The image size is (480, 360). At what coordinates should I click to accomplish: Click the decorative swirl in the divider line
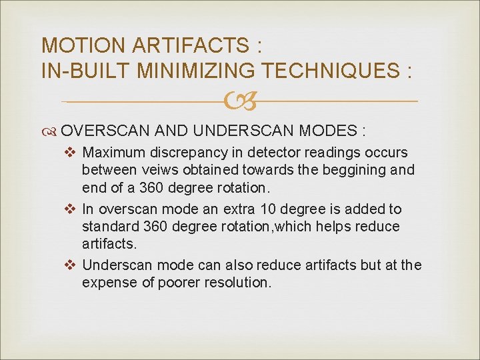pos(239,101)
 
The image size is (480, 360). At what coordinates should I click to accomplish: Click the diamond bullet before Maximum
pos(73,153)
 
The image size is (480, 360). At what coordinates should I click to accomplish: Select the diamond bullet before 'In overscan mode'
pos(73,209)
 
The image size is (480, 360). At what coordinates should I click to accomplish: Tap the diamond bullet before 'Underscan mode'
pos(73,265)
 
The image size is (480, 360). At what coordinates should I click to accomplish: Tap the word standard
pos(108,226)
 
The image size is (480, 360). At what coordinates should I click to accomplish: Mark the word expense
pos(108,282)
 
